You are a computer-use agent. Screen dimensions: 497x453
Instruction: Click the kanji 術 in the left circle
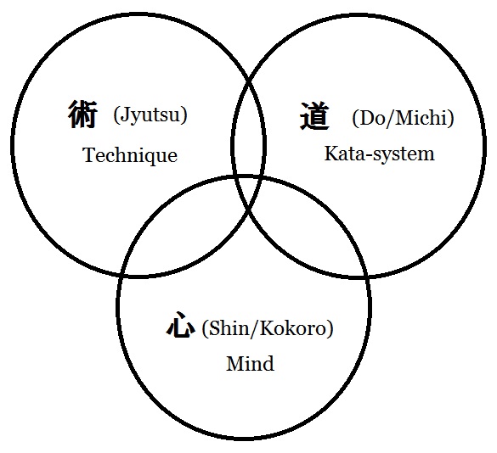82,115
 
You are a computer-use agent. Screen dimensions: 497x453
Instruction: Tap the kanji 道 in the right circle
314,116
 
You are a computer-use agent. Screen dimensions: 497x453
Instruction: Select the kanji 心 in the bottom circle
180,324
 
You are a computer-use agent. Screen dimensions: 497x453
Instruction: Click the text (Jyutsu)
150,115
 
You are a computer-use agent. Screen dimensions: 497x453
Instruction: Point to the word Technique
130,155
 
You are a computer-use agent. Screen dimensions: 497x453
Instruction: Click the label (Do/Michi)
404,118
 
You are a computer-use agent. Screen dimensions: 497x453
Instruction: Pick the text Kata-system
380,154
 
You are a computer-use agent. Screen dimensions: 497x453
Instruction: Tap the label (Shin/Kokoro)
268,328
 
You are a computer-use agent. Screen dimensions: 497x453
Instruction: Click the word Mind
250,363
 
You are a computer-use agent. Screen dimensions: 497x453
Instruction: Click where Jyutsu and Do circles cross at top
249,79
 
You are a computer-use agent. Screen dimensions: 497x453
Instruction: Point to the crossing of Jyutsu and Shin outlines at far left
121,275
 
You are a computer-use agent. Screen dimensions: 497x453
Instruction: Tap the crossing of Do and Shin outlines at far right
367,276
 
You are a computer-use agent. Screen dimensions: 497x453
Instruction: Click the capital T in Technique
89,154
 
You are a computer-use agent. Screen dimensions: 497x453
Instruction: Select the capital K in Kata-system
331,154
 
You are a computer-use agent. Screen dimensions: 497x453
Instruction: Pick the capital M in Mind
236,363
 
